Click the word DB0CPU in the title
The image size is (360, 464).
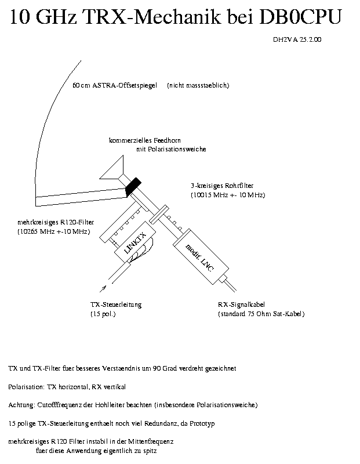[x=300, y=16]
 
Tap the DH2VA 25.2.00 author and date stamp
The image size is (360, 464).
[x=297, y=39]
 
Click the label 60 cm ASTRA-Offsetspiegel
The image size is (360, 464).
[x=115, y=85]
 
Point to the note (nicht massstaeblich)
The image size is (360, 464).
[x=198, y=85]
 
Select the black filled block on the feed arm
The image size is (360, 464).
[x=133, y=187]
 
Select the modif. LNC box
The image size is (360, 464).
[x=201, y=256]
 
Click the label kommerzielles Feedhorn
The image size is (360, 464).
[x=145, y=140]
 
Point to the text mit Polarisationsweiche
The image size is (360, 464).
[x=171, y=149]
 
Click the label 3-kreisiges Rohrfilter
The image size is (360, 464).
[x=222, y=186]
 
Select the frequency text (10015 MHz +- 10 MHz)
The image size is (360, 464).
[x=228, y=195]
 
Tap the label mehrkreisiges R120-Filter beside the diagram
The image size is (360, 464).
[x=56, y=222]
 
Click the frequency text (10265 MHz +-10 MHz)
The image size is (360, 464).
[x=53, y=231]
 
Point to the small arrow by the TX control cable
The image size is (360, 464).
[x=103, y=288]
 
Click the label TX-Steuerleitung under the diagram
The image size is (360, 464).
[x=116, y=304]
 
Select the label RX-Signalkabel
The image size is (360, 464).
[x=241, y=304]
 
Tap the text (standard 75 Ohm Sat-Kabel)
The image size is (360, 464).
[x=261, y=314]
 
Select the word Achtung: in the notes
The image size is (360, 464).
[x=21, y=405]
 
